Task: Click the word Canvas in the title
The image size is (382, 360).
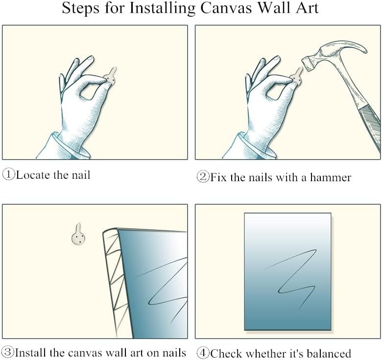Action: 226,8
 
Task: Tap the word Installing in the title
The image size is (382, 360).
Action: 162,8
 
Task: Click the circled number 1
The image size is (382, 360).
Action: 9,174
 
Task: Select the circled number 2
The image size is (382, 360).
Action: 203,177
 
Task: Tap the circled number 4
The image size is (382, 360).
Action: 203,353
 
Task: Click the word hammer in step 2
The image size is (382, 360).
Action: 331,177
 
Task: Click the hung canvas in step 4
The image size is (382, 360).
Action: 287,271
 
